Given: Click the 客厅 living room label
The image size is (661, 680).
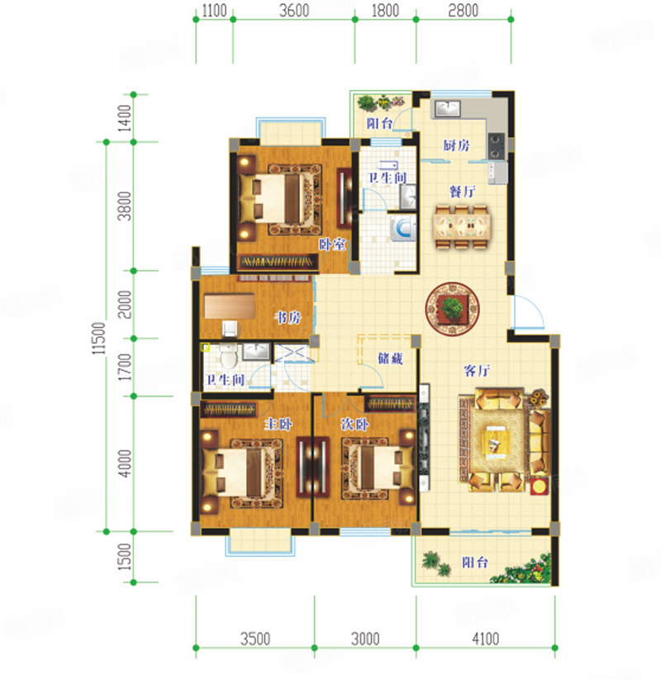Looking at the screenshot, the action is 477,371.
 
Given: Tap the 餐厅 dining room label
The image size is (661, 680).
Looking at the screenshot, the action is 463,191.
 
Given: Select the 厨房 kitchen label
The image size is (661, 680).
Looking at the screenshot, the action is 456,145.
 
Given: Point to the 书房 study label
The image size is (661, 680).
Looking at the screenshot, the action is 288,318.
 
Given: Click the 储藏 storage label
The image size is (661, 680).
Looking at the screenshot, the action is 390,359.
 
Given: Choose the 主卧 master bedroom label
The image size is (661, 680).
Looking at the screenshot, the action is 278,424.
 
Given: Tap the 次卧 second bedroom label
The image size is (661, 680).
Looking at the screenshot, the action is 354,424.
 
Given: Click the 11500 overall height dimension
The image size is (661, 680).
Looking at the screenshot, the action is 99,338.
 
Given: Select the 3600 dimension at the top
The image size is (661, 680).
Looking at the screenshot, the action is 294,11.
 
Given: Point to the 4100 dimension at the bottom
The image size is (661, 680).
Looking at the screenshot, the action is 486,639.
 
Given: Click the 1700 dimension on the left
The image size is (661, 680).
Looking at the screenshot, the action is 125,367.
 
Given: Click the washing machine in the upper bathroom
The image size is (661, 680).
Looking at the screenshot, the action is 404,229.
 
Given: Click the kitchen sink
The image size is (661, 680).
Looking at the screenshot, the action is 448,108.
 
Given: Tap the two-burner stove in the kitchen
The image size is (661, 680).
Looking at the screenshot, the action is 496,145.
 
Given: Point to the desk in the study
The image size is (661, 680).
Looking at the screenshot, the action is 230,307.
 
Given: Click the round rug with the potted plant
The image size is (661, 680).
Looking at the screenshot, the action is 453,309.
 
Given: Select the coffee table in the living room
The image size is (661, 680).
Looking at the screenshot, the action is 497,440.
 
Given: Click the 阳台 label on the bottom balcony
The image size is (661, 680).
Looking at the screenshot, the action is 475,563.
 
